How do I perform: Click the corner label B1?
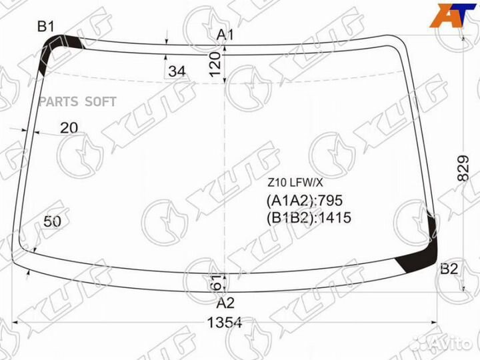click(x=45, y=26)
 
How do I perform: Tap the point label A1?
click(x=225, y=35)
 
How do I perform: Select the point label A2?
click(x=225, y=303)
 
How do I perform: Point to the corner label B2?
click(x=449, y=269)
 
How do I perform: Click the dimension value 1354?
click(x=225, y=323)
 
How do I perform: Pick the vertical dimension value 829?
click(x=463, y=168)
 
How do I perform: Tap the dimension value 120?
click(x=215, y=64)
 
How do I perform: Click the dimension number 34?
click(x=177, y=71)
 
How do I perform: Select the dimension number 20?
click(x=69, y=127)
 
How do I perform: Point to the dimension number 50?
click(x=53, y=221)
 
